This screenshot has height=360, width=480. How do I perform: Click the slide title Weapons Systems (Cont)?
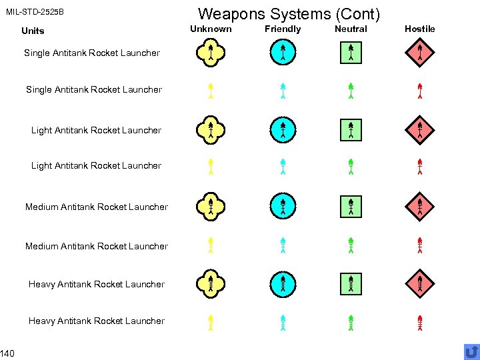pos(289,13)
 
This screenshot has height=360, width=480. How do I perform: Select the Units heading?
pos(33,31)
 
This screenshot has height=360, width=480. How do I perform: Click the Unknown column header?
pos(211,29)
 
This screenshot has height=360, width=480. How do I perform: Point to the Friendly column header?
pos(283,29)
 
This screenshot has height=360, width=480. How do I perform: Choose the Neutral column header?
pos(351,29)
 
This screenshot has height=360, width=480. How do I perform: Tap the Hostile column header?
pos(419,29)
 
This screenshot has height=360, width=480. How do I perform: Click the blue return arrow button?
pos(471,351)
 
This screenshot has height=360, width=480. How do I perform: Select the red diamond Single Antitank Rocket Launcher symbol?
pos(420,53)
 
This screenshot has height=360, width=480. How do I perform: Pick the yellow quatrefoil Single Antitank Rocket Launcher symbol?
pos(210,53)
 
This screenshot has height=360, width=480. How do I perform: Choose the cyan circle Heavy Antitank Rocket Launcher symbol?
pos(283,284)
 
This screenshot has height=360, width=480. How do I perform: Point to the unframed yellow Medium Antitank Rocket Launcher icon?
pos(210,245)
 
